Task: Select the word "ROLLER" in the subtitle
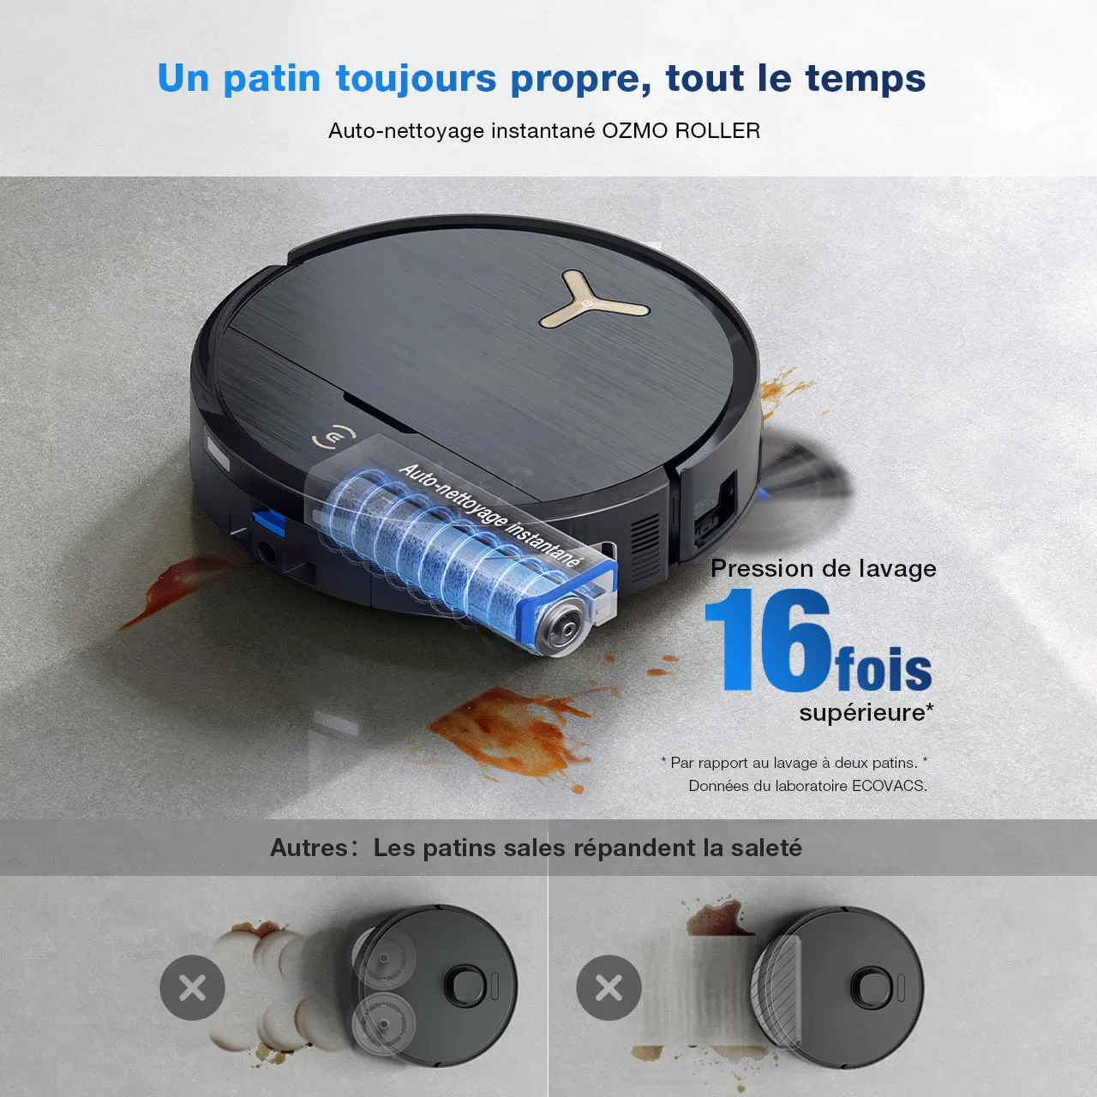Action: [717, 131]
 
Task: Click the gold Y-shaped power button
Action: [593, 300]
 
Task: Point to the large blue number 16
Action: [769, 639]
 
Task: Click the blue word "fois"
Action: [884, 668]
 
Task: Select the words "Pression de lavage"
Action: [823, 569]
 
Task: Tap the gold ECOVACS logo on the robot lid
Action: [333, 436]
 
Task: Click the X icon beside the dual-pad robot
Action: [193, 987]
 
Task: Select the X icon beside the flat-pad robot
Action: [608, 987]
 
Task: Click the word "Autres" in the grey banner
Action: [309, 848]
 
